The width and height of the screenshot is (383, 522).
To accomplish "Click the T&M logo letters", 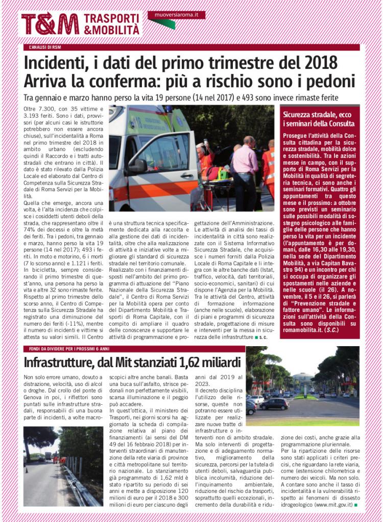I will pyautogui.click(x=50, y=23).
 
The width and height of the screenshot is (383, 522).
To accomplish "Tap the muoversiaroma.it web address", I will pyautogui.click(x=177, y=15).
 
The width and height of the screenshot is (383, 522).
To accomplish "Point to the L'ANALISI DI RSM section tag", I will pyautogui.click(x=45, y=47).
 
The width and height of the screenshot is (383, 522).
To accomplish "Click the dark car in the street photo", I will pyautogui.click(x=274, y=404).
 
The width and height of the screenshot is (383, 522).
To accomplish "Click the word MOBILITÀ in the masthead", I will pyautogui.click(x=116, y=30).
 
